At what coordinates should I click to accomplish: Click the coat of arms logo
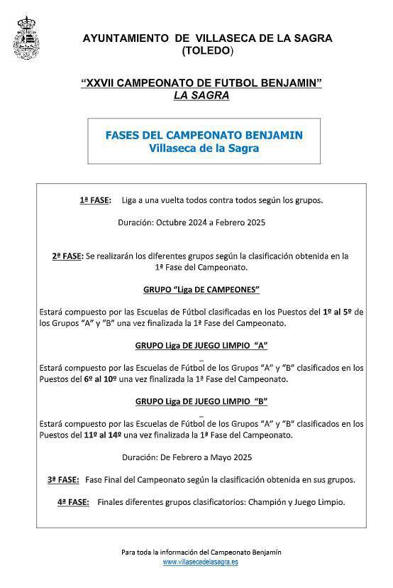[x=26, y=38]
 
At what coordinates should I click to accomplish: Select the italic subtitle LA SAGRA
[x=201, y=95]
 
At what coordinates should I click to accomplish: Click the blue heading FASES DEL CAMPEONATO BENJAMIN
[x=204, y=135]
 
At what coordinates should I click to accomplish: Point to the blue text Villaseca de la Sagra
[x=204, y=148]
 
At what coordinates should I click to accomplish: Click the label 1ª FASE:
[x=95, y=200]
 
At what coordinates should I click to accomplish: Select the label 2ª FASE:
[x=68, y=256]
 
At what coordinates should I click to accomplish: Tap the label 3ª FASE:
[x=63, y=480]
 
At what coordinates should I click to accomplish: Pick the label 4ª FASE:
[x=73, y=502]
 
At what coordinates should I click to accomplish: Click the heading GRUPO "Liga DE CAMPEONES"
[x=201, y=290]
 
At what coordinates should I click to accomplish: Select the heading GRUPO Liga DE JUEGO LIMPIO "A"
[x=201, y=346]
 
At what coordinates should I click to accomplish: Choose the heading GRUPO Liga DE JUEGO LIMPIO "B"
[x=201, y=401]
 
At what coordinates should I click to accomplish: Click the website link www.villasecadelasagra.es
[x=200, y=562]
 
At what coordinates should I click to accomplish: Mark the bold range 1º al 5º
[x=338, y=312]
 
